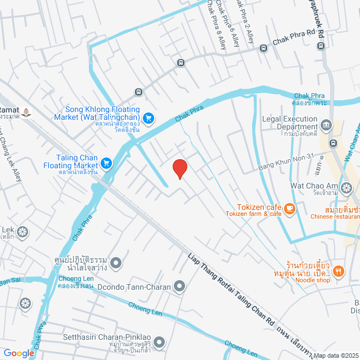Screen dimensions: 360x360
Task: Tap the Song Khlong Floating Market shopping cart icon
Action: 148,118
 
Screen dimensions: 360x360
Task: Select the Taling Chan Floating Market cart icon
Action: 106,163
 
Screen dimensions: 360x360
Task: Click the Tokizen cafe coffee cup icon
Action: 290,209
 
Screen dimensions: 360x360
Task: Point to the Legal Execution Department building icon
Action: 326,124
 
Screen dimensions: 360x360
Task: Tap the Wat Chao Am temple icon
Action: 346,187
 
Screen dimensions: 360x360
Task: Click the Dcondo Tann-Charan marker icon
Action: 179,287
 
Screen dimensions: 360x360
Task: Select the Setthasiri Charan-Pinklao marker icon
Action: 159,342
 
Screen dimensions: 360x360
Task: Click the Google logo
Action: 19,353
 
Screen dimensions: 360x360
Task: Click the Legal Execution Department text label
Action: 290,123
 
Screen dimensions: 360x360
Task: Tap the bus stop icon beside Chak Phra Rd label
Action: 263,48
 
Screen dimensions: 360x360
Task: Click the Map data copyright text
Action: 336,355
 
